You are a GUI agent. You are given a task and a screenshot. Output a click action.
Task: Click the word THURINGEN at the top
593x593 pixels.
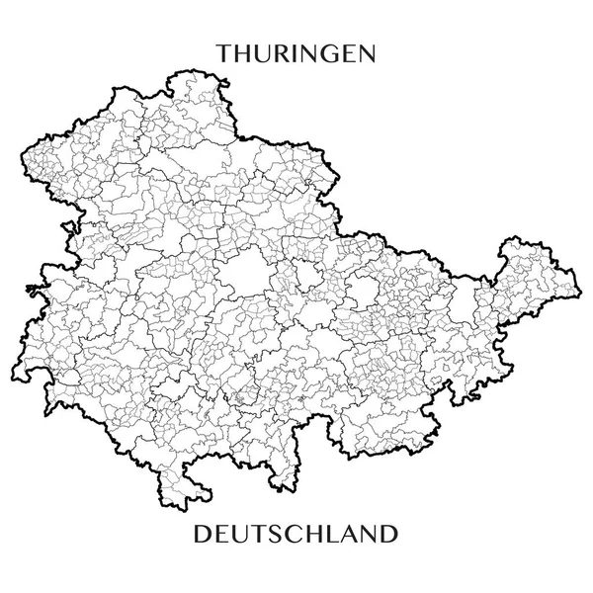(296, 52)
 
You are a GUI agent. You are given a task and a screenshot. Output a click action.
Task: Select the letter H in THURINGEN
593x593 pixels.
(244, 52)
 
